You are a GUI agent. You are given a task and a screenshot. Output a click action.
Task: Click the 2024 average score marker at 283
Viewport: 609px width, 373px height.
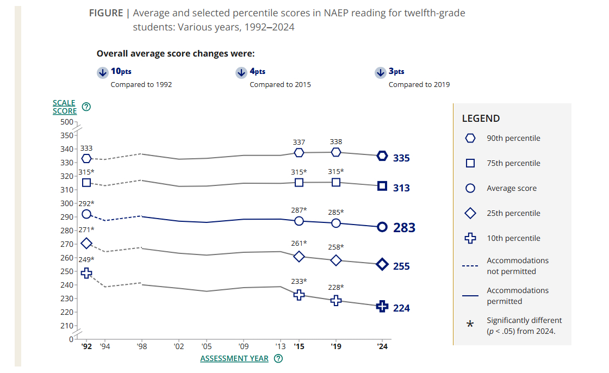pyautogui.click(x=382, y=227)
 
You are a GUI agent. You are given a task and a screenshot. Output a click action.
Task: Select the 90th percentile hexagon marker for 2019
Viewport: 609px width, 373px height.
pyautogui.click(x=336, y=152)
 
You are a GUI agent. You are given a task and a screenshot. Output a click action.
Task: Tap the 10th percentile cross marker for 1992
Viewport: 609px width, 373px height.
pyautogui.click(x=86, y=273)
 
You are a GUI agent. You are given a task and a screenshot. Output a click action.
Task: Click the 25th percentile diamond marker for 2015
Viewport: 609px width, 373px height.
pyautogui.click(x=299, y=256)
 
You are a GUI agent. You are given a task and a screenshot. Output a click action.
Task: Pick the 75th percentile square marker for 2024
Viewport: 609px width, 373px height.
pyautogui.click(x=382, y=186)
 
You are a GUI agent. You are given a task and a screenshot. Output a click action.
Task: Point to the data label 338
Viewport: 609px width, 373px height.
pyautogui.click(x=336, y=142)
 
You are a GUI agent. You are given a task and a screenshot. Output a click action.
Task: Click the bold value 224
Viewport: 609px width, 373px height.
pyautogui.click(x=402, y=308)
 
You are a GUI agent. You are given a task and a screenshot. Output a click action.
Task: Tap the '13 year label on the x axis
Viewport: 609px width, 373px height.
pyautogui.click(x=280, y=346)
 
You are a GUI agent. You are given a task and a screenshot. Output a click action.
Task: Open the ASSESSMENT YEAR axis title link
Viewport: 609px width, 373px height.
pyautogui.click(x=234, y=358)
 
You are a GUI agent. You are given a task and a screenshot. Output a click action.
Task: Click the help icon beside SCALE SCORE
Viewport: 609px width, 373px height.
pyautogui.click(x=85, y=107)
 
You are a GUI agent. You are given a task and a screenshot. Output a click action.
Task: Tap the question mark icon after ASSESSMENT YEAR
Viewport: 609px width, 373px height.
pyautogui.click(x=278, y=358)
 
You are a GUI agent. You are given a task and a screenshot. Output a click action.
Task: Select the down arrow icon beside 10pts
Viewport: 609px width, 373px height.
pyautogui.click(x=102, y=73)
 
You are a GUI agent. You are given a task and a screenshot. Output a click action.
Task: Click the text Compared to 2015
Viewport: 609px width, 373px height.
pyautogui.click(x=280, y=85)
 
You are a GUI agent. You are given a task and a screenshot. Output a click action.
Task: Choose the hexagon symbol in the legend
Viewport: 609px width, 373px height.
pyautogui.click(x=471, y=138)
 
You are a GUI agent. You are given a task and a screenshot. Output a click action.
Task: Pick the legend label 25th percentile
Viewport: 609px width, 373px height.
pyautogui.click(x=513, y=213)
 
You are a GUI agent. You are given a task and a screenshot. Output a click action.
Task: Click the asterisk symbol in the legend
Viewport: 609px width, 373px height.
pyautogui.click(x=471, y=325)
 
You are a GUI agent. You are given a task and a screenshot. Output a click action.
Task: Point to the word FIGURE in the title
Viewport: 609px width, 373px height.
pyautogui.click(x=106, y=13)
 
